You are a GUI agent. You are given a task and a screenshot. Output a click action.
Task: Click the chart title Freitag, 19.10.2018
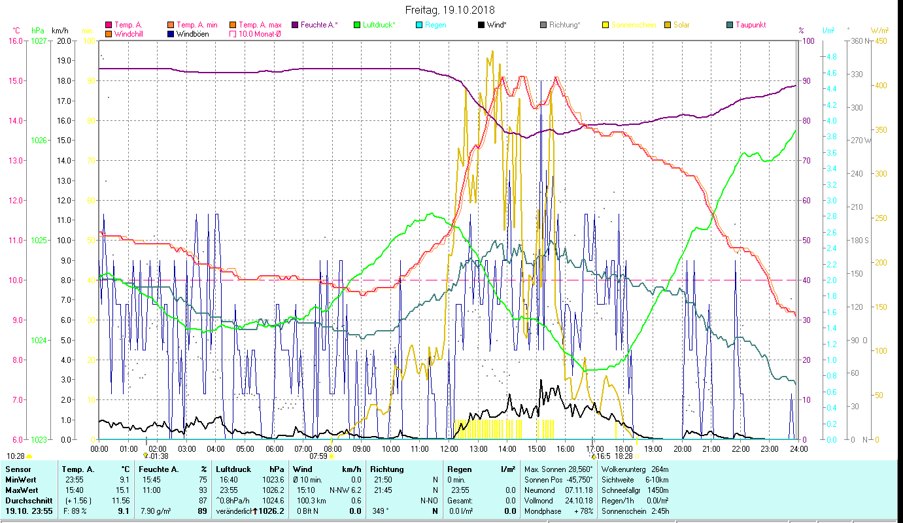pos(450,10)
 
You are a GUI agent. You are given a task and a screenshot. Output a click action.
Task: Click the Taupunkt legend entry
pos(750,25)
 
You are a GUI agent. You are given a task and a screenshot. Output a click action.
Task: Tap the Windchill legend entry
pos(131,33)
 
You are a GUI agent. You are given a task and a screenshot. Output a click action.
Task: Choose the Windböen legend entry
pos(192,33)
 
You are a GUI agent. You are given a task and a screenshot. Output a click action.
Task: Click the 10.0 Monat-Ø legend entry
pos(260,33)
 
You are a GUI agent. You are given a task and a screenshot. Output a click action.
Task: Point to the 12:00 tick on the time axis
pos(449,448)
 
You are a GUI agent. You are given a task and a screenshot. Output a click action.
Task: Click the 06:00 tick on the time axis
pos(274,448)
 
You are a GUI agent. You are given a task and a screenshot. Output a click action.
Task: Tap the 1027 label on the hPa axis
pos(39,41)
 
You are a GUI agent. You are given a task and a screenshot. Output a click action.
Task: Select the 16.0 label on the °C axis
pos(15,41)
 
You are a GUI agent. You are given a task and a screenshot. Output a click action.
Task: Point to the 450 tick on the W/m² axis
pos(881,41)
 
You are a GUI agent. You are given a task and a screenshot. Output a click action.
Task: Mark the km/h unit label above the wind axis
pos(60,31)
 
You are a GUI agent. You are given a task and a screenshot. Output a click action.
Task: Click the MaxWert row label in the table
pos(22,490)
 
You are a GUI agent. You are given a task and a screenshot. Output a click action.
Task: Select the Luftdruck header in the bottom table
pos(234,469)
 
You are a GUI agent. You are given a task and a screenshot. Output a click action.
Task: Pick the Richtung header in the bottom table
pos(387,469)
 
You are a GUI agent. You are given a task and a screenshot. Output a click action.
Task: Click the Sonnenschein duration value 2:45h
pos(660,511)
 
